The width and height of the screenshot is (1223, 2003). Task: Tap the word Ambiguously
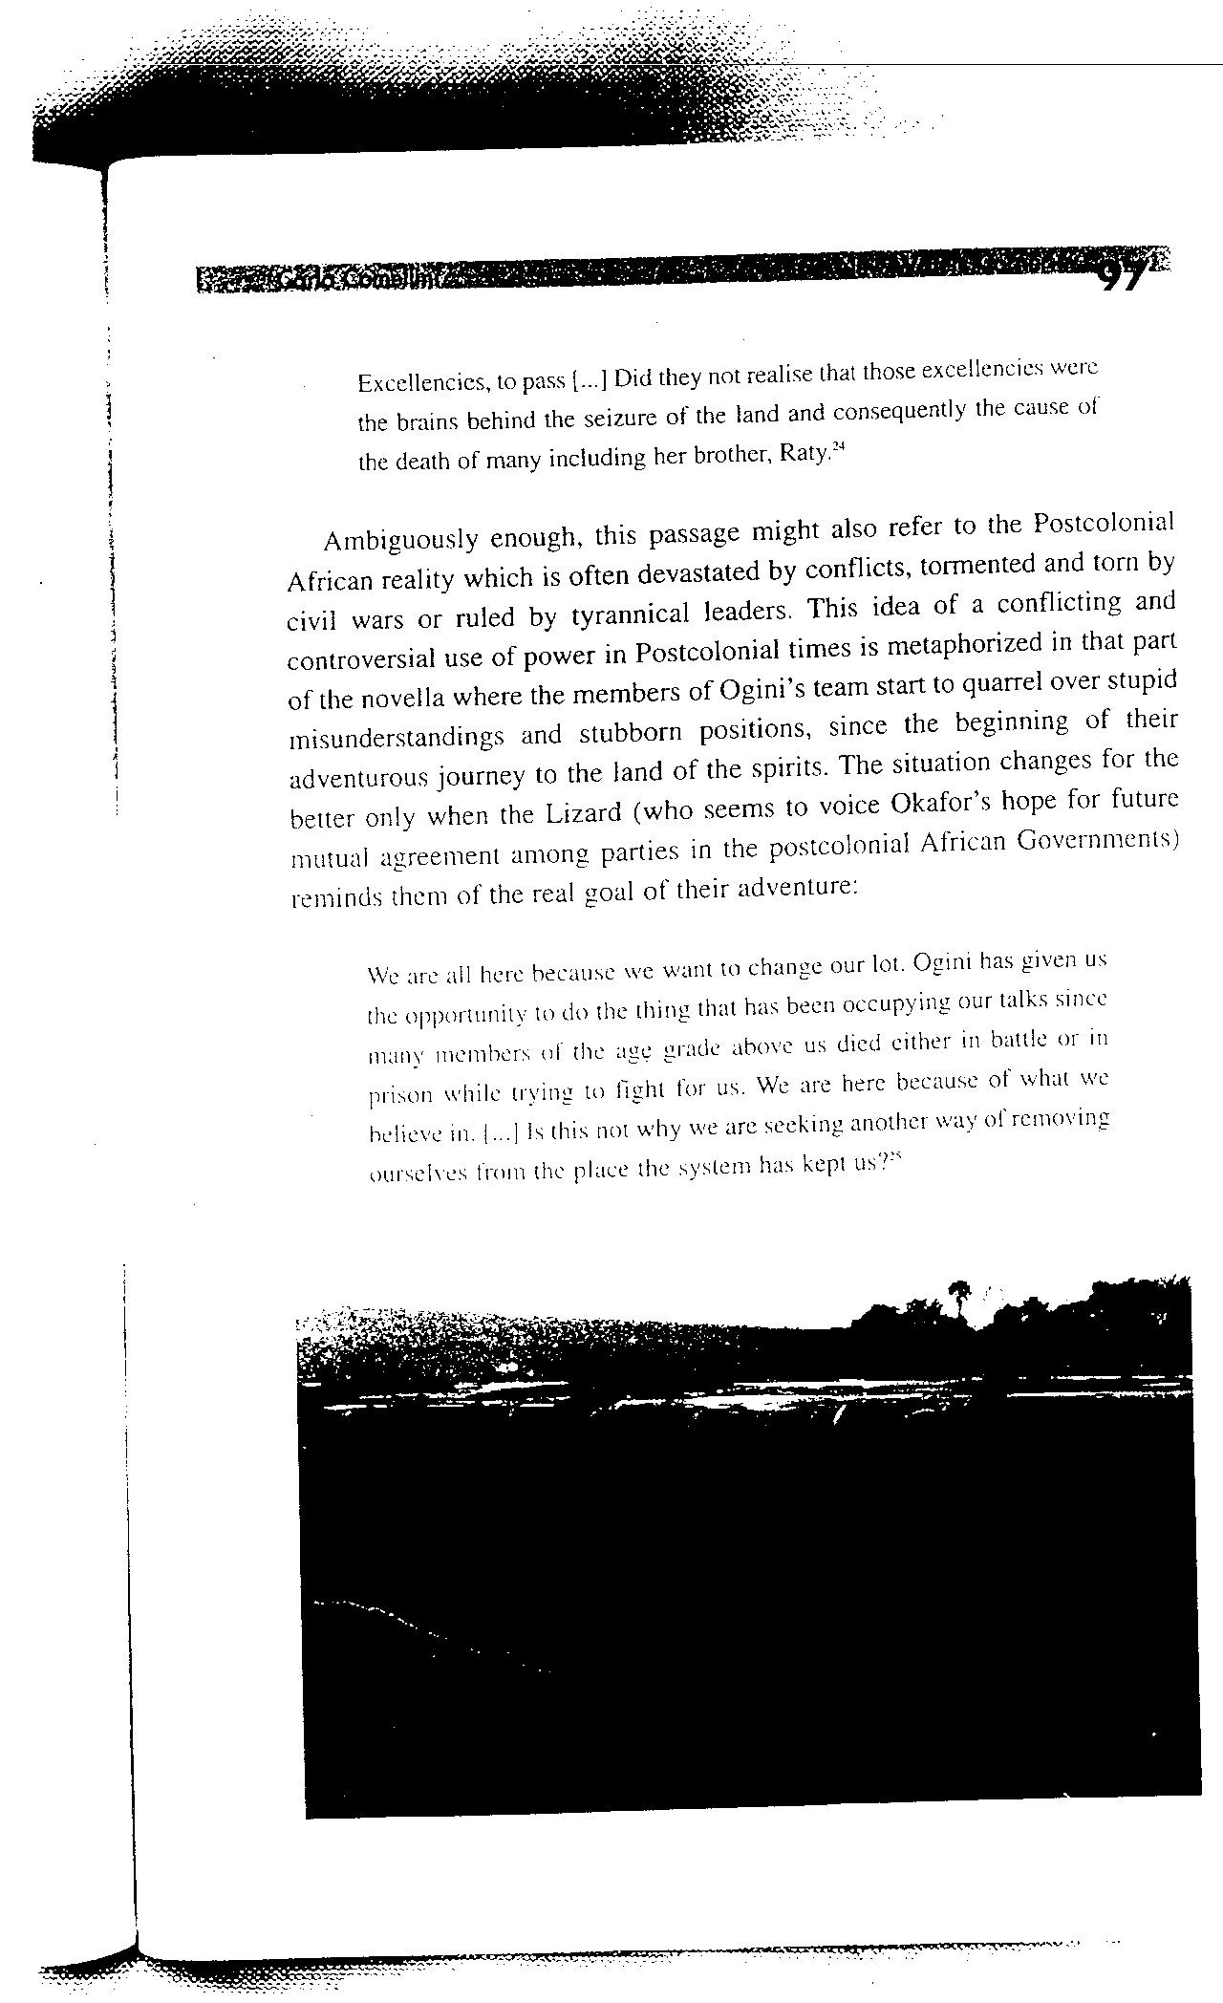[400, 540]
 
